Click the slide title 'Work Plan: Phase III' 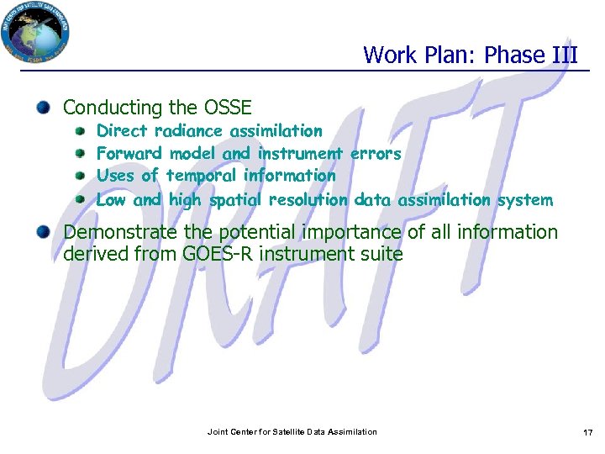tap(471, 55)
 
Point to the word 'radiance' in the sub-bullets tap(188, 131)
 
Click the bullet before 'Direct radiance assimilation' tap(80, 131)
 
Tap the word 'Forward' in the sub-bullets tap(130, 154)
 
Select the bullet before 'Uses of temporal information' tap(80, 177)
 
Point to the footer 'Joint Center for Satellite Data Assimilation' tap(292, 432)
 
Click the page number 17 tap(587, 432)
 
